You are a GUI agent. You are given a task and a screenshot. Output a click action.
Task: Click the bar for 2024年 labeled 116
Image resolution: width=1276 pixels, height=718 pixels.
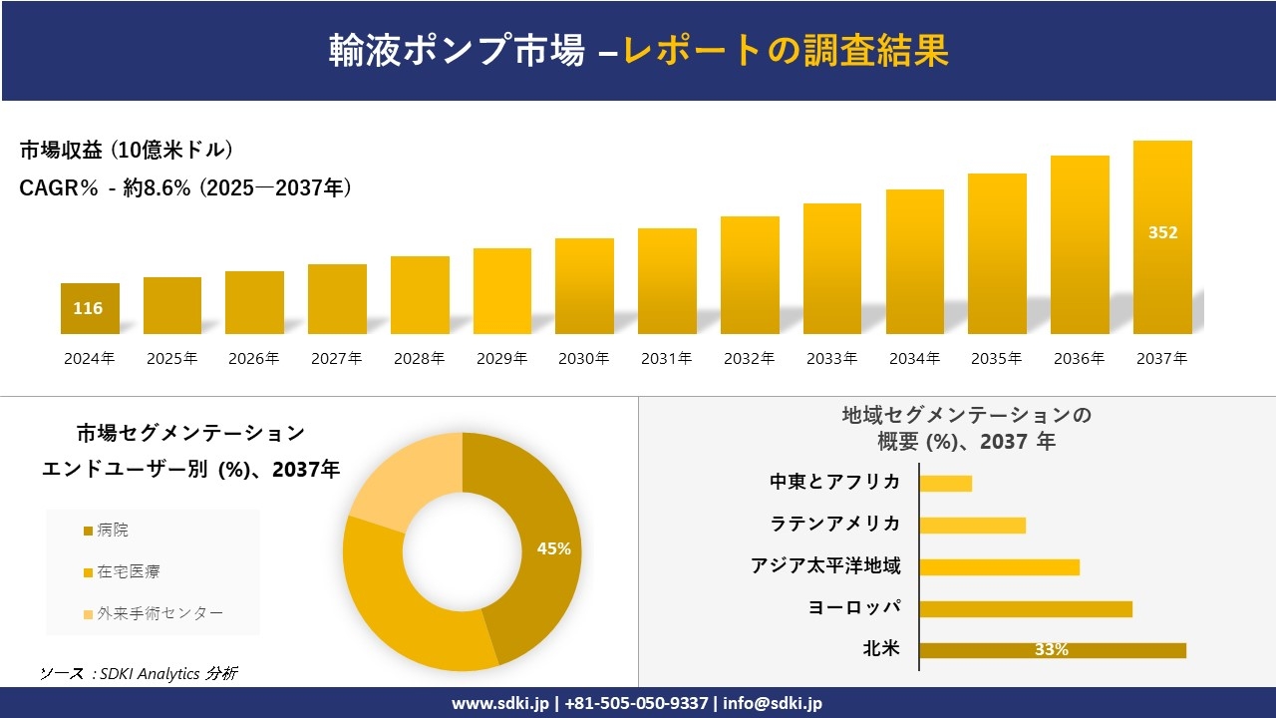(90, 308)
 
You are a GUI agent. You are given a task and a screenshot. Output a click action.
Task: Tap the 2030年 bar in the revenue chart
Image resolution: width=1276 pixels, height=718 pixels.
(584, 286)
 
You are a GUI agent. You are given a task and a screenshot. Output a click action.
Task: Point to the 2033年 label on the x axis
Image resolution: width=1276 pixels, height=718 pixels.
(831, 359)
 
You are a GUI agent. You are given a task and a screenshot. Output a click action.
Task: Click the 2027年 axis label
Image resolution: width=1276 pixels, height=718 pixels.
(336, 359)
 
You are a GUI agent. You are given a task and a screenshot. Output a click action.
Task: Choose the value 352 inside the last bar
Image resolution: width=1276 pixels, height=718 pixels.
(1162, 232)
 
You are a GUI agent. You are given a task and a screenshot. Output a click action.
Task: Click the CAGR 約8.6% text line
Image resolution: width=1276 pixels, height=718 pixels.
(185, 187)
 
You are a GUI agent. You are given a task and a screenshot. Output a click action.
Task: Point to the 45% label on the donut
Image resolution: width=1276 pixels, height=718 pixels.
(553, 548)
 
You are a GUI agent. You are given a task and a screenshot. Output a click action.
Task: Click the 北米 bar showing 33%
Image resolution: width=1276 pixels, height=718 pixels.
(1052, 650)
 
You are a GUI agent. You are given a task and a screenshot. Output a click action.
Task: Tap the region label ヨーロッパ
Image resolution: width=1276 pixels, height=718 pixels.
(855, 607)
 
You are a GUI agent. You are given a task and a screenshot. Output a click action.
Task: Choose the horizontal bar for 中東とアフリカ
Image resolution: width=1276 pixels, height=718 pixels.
(945, 483)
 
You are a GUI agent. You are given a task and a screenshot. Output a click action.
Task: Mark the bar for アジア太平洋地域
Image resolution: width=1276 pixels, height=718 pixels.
(999, 566)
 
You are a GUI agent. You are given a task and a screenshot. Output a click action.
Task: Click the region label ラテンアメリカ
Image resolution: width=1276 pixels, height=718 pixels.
(835, 524)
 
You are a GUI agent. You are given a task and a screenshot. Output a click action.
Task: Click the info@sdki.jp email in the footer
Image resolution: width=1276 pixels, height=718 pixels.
(773, 703)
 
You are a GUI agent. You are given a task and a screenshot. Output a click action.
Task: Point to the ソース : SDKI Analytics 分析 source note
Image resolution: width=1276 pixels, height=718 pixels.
(139, 674)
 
